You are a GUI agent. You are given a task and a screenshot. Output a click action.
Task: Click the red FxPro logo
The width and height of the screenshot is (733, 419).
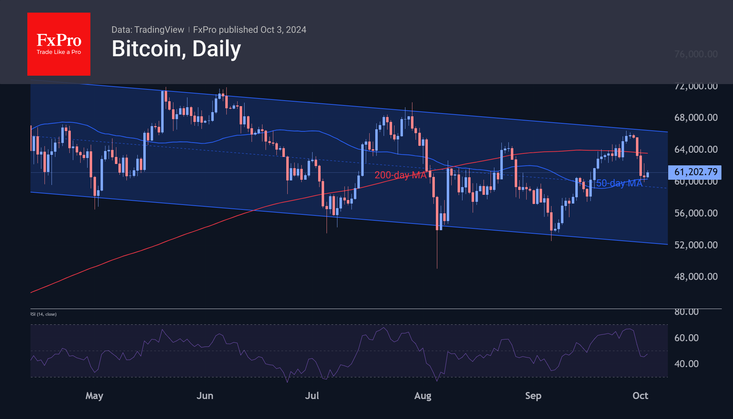pyautogui.click(x=59, y=44)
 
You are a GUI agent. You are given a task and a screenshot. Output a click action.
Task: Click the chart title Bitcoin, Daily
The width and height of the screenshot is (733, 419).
pyautogui.click(x=176, y=49)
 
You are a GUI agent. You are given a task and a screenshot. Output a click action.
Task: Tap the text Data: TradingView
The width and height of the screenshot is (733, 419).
pyautogui.click(x=148, y=30)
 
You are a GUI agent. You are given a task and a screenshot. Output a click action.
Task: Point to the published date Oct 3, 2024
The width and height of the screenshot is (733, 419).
pyautogui.click(x=283, y=30)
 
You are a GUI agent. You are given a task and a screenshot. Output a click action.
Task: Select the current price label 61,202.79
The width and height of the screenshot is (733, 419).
pyautogui.click(x=696, y=172)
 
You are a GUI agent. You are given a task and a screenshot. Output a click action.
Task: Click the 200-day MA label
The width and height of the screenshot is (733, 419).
pyautogui.click(x=400, y=175)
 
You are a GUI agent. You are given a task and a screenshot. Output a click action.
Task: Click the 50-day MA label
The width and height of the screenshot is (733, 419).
pyautogui.click(x=619, y=183)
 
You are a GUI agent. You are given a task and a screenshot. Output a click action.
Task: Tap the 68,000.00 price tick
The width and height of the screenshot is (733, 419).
pyautogui.click(x=696, y=117)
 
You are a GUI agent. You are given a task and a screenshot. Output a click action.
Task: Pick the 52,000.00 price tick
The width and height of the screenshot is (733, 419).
pyautogui.click(x=696, y=245)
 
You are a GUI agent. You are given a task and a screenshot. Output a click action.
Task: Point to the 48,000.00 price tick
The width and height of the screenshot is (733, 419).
pyautogui.click(x=696, y=276)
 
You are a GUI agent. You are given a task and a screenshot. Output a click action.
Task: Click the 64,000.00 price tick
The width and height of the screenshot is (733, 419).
pyautogui.click(x=696, y=149)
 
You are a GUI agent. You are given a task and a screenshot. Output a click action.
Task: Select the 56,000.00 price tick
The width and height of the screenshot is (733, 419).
pyautogui.click(x=696, y=213)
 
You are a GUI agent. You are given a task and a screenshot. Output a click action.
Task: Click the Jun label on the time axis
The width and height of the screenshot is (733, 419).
pyautogui.click(x=205, y=396)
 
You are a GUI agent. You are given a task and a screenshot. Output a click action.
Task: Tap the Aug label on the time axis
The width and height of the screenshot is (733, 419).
pyautogui.click(x=423, y=396)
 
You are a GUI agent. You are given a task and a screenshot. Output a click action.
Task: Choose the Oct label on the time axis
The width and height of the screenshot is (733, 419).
pyautogui.click(x=640, y=396)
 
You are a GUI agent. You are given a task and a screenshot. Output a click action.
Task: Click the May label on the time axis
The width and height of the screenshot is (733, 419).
pyautogui.click(x=94, y=396)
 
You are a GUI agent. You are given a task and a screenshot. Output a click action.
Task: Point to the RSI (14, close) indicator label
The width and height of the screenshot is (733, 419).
pyautogui.click(x=43, y=314)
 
